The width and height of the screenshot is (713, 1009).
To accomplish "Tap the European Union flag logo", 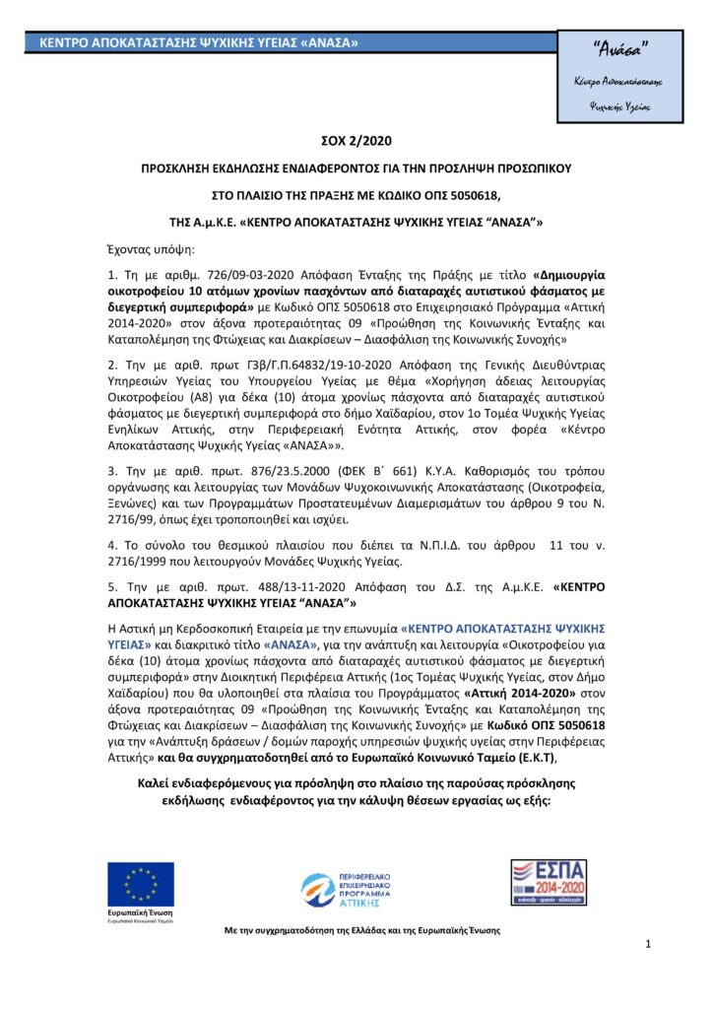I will pyautogui.click(x=141, y=883).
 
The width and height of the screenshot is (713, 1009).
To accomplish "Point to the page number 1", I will pyautogui.click(x=648, y=945).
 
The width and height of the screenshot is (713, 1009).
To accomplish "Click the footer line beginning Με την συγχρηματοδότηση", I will pyautogui.click(x=362, y=930).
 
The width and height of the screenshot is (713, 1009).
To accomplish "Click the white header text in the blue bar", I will pyautogui.click(x=198, y=43).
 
